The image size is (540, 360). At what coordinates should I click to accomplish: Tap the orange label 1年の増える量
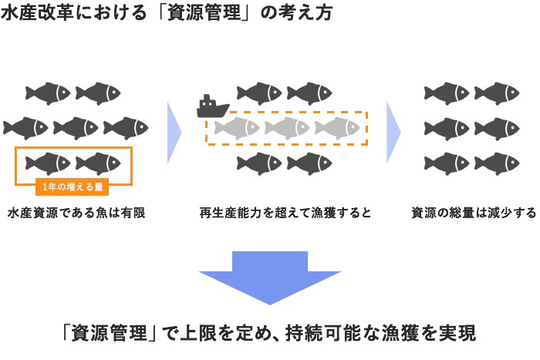pyautogui.click(x=75, y=185)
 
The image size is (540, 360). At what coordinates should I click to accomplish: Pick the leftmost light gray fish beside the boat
pyautogui.click(x=236, y=128)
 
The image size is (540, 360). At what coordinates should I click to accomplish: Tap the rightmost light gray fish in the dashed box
pyautogui.click(x=336, y=128)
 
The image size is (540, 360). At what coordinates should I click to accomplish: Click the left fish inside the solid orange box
pyautogui.click(x=48, y=163)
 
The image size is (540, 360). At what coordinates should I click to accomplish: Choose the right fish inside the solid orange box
pyautogui.click(x=98, y=163)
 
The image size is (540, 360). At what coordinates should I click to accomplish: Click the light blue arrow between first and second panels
pyautogui.click(x=174, y=130)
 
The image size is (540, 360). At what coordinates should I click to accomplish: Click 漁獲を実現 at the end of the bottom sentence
pyautogui.click(x=429, y=334)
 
